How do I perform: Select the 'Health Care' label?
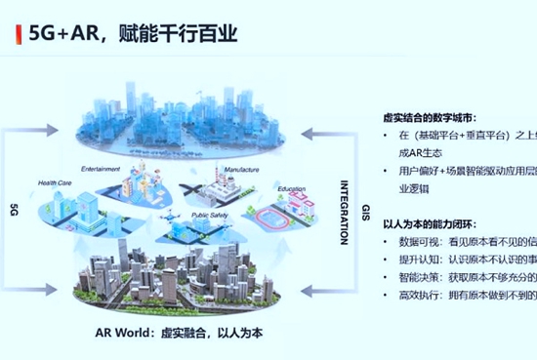55,182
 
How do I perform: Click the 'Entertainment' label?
101,168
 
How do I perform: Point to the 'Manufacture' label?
241,169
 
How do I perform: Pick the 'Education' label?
291,188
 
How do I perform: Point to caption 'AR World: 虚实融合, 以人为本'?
180,332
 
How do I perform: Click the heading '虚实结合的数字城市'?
430,116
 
